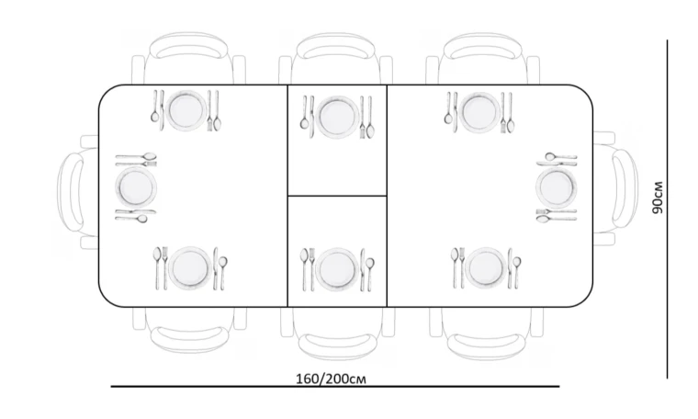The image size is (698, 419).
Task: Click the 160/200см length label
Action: pos(332,379)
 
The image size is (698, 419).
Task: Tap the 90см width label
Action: pos(658,198)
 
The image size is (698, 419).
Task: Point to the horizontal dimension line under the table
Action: pos(335,387)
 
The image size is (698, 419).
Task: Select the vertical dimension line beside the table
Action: pos(668,209)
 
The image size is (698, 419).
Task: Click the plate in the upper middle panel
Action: pos(337,117)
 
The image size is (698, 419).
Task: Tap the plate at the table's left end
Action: pos(136,187)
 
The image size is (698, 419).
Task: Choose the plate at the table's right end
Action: pos(557,187)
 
